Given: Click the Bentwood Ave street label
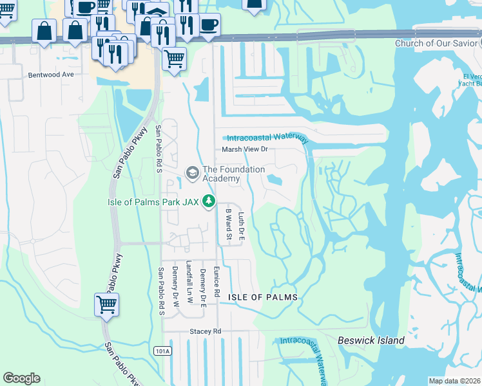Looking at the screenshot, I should click(51, 75).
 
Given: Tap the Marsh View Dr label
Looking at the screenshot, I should click(249, 149).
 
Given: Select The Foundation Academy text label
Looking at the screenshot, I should click(233, 174).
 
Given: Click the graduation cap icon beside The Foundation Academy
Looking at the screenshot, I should click(192, 173).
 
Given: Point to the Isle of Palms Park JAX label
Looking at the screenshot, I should click(153, 201).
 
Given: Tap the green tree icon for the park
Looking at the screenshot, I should click(208, 201).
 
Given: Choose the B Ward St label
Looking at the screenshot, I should click(228, 223).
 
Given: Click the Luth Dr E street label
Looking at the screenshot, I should click(242, 226).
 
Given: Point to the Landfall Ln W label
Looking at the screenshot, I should click(189, 281).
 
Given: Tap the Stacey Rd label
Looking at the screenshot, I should click(205, 331).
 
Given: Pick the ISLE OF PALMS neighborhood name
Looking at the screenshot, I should click(263, 297).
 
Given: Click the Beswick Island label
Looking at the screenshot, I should click(371, 340).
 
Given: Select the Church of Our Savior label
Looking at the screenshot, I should click(438, 43).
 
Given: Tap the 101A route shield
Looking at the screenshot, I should click(162, 351).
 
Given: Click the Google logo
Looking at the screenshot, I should click(21, 378).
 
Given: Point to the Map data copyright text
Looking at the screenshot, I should click(455, 381).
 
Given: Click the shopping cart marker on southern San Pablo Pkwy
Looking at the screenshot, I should click(106, 304).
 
